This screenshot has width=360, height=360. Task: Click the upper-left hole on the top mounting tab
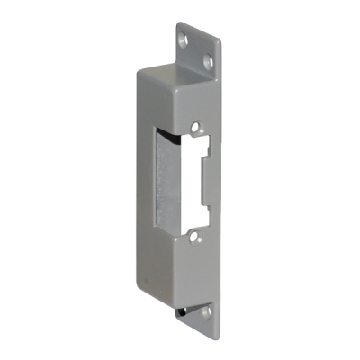(x=185, y=40)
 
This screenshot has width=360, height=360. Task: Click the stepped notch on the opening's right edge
(x=210, y=166)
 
